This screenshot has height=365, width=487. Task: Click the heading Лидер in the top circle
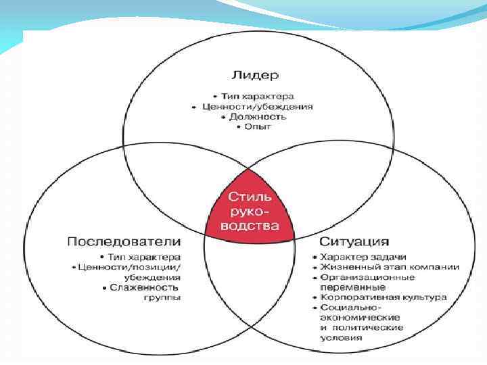click(x=255, y=74)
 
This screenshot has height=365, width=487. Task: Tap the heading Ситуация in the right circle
click(x=354, y=241)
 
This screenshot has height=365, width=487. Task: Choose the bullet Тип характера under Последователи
click(x=145, y=257)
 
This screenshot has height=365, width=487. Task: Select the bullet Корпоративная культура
click(x=384, y=297)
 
